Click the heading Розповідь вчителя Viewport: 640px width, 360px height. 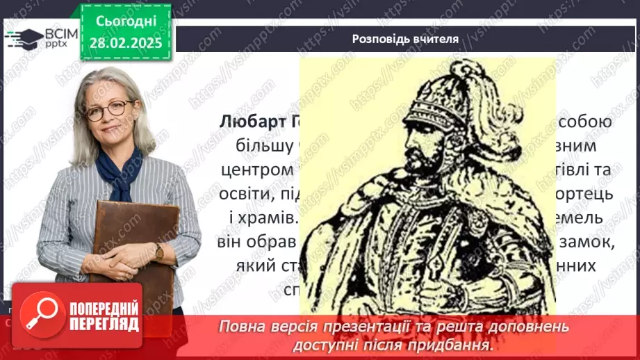click(405, 39)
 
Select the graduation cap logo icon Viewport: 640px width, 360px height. click(23, 38)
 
